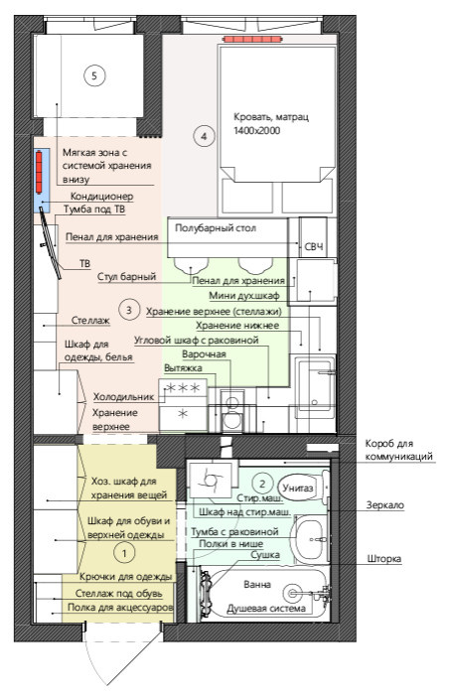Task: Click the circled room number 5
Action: [x=94, y=75]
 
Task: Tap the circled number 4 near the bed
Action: [x=204, y=136]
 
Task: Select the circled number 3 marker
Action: [x=129, y=310]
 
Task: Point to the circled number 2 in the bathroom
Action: [x=262, y=484]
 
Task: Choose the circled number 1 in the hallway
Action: [x=124, y=553]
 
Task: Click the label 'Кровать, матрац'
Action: [x=271, y=117]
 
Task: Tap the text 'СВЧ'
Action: [x=314, y=247]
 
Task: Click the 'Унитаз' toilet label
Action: [x=298, y=488]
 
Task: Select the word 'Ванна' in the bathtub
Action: [x=257, y=584]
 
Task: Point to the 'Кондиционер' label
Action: [x=101, y=197]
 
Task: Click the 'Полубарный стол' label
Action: [x=216, y=228]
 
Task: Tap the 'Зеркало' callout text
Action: [x=385, y=505]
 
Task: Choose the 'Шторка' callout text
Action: [x=384, y=559]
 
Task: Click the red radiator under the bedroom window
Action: [x=253, y=40]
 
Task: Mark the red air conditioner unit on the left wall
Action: [x=39, y=173]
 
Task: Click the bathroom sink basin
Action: [x=310, y=539]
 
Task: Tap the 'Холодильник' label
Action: [x=123, y=396]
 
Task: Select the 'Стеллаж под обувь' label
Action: [x=118, y=594]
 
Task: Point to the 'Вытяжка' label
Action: [x=183, y=368]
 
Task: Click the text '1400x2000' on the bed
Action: [x=257, y=131]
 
